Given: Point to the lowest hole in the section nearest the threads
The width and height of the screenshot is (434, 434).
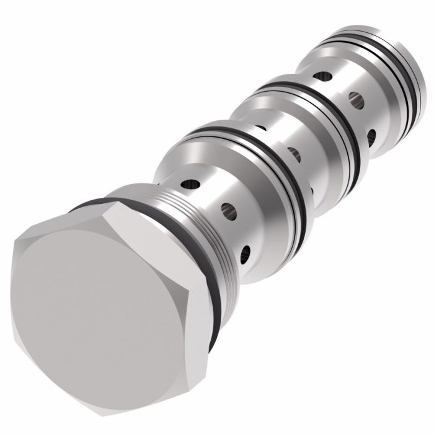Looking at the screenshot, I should coord(247,251).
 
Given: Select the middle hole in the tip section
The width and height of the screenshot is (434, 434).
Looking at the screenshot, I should coord(355,98).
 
